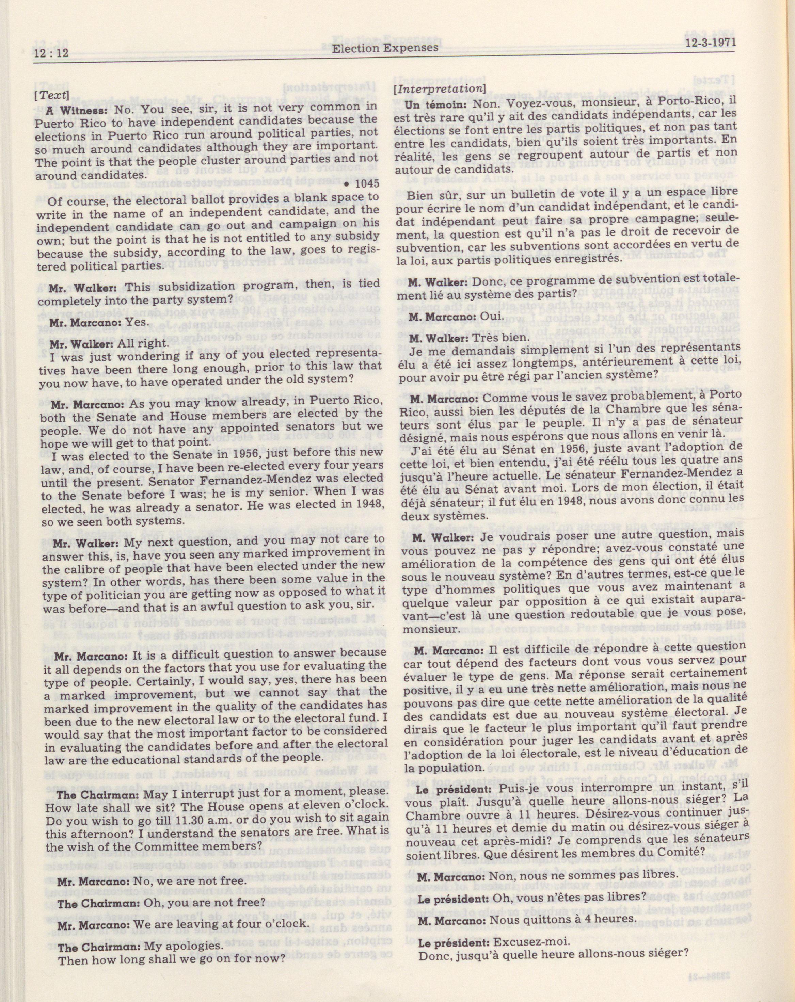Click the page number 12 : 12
point(51,53)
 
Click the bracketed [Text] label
point(52,96)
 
